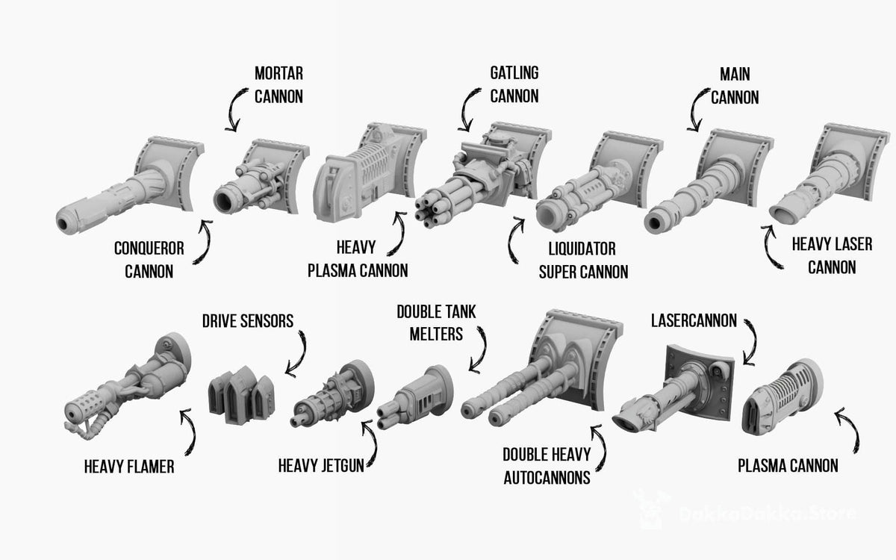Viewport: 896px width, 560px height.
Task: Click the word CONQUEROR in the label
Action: [149, 249]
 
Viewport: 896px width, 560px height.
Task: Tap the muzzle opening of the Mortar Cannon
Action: [225, 201]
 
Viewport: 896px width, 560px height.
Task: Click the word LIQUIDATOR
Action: [582, 249]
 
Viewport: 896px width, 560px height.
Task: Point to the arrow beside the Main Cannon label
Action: [695, 110]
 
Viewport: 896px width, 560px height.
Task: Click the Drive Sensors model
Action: [241, 395]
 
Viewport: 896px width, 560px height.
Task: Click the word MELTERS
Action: [436, 334]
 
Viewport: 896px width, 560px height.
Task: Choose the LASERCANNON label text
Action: [694, 321]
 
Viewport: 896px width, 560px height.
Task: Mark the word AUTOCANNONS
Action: [547, 478]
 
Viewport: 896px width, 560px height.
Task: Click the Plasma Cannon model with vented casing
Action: [781, 397]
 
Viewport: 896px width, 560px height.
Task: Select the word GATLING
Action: [514, 73]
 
